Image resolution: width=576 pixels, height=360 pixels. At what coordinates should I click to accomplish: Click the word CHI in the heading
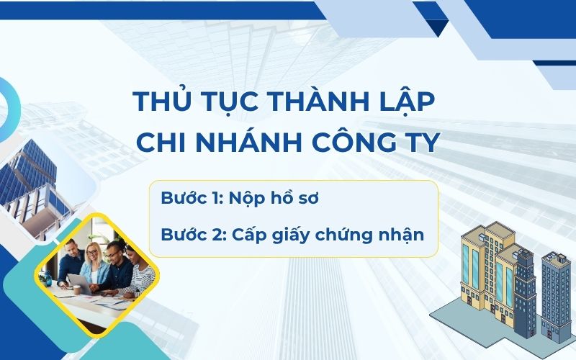159,143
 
